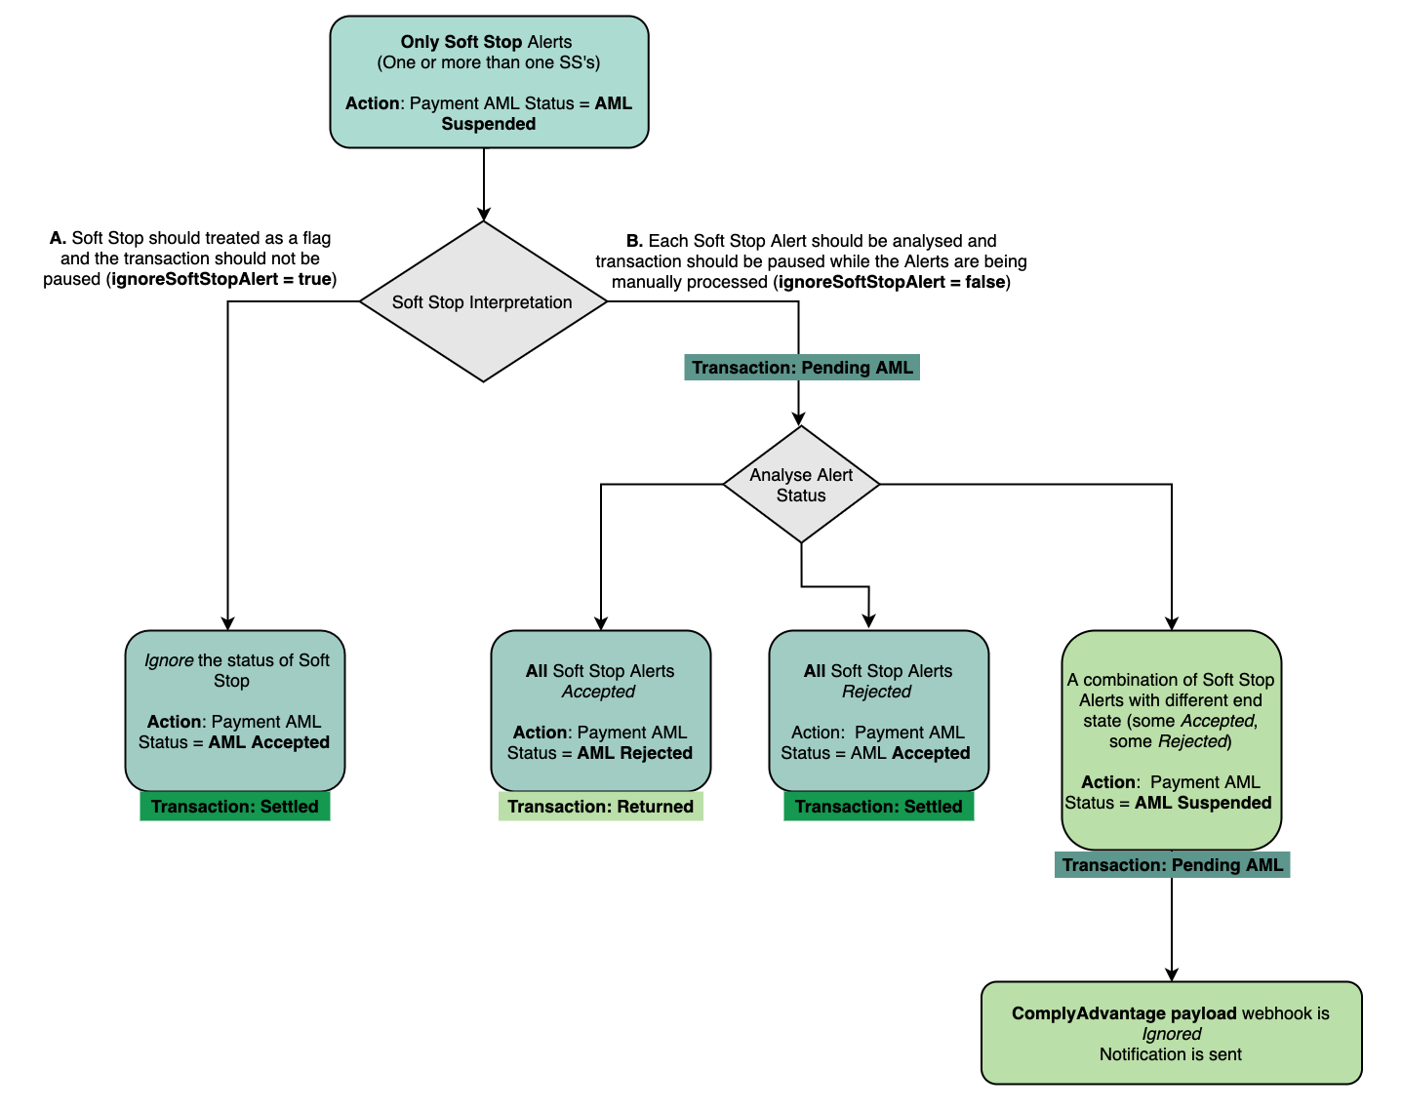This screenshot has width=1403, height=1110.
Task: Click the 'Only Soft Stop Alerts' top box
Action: (x=489, y=82)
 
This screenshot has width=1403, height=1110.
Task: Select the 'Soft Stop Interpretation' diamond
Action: (x=483, y=302)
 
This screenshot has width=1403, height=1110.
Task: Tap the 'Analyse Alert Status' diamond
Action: (x=801, y=485)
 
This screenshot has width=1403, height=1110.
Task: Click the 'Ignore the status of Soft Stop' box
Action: (x=235, y=710)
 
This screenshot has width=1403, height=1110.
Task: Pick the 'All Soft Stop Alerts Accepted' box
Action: (x=600, y=710)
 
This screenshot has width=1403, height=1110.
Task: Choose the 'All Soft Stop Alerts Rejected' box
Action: (x=878, y=710)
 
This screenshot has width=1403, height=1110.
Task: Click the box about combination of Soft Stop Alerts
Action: (x=1171, y=739)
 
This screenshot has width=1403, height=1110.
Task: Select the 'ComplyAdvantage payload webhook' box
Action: (x=1171, y=1033)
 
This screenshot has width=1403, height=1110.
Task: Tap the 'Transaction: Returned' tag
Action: (x=600, y=807)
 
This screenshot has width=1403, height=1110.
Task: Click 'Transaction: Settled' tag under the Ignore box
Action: (x=235, y=807)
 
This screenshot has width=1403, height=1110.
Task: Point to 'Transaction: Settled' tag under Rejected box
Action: (x=878, y=807)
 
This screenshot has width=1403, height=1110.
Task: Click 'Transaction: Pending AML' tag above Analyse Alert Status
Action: (x=802, y=368)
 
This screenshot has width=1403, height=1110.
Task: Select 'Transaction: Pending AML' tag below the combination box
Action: (x=1172, y=865)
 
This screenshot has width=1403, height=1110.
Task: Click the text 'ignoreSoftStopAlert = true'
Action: (x=221, y=279)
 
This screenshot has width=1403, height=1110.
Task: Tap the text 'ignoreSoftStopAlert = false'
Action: (x=892, y=282)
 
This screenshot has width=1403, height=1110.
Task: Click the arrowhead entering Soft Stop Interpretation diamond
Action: (x=484, y=215)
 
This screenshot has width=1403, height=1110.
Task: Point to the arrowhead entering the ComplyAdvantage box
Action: (x=1172, y=974)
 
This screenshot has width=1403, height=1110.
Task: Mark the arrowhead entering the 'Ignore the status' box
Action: (x=228, y=623)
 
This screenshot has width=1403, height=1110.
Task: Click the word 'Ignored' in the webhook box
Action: (x=1172, y=1034)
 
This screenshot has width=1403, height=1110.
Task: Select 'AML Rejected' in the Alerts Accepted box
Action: (x=634, y=753)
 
